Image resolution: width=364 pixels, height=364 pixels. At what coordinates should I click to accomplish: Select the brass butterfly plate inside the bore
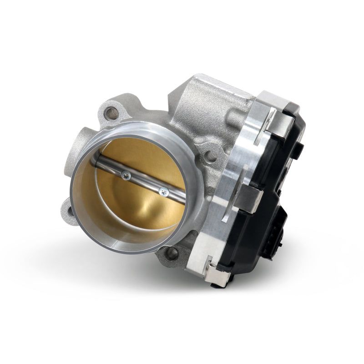click(x=136, y=205)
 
